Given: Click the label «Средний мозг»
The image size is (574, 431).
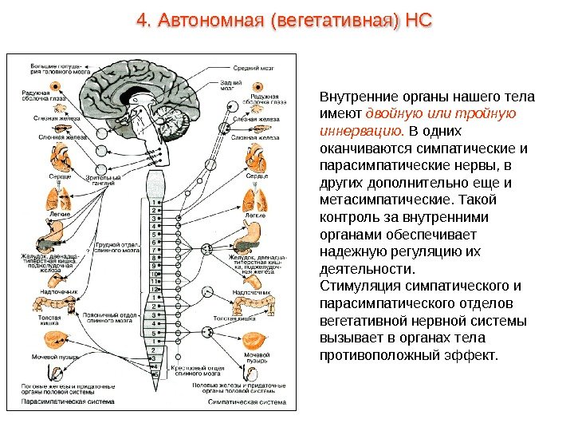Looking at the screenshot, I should (x=254, y=69).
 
